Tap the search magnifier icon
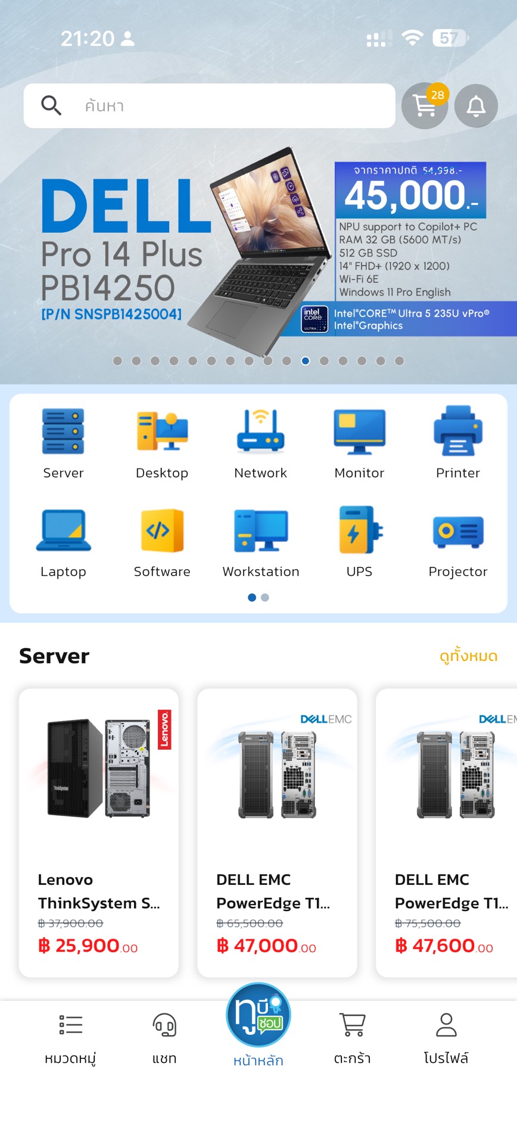pyautogui.click(x=51, y=105)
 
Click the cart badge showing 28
pyautogui.click(x=437, y=95)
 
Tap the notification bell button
pyautogui.click(x=476, y=106)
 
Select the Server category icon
pyautogui.click(x=63, y=431)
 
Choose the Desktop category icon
pyautogui.click(x=162, y=431)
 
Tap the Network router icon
pyautogui.click(x=260, y=431)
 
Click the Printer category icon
pyautogui.click(x=457, y=431)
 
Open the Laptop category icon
pyautogui.click(x=63, y=530)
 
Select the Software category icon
pyautogui.click(x=162, y=530)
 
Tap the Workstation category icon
pyautogui.click(x=260, y=530)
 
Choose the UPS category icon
pyautogui.click(x=359, y=530)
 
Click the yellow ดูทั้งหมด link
pyautogui.click(x=468, y=656)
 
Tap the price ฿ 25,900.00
pyautogui.click(x=88, y=946)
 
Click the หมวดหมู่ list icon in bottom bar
pyautogui.click(x=70, y=1025)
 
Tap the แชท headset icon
pyautogui.click(x=164, y=1025)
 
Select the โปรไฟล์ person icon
pyautogui.click(x=446, y=1025)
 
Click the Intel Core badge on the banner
pyautogui.click(x=314, y=319)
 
